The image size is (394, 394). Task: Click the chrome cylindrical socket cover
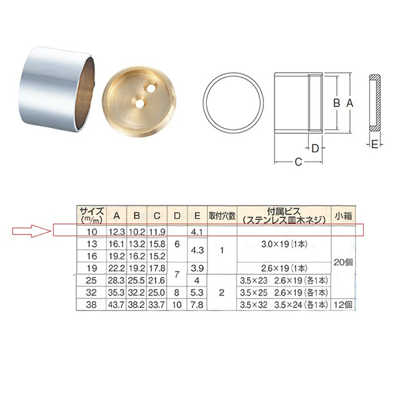(x=56, y=89)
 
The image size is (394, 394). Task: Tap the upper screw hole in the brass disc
(x=151, y=88)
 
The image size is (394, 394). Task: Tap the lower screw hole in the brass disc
(x=138, y=102)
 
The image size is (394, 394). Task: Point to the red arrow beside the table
(x=32, y=230)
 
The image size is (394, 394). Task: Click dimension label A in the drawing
(x=349, y=103)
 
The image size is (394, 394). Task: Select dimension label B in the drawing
(x=336, y=103)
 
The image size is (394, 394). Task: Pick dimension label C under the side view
(x=298, y=162)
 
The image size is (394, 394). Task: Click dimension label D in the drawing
(x=315, y=148)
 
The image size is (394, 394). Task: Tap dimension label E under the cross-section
(x=375, y=144)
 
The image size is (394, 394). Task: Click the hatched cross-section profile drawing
(x=375, y=102)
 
